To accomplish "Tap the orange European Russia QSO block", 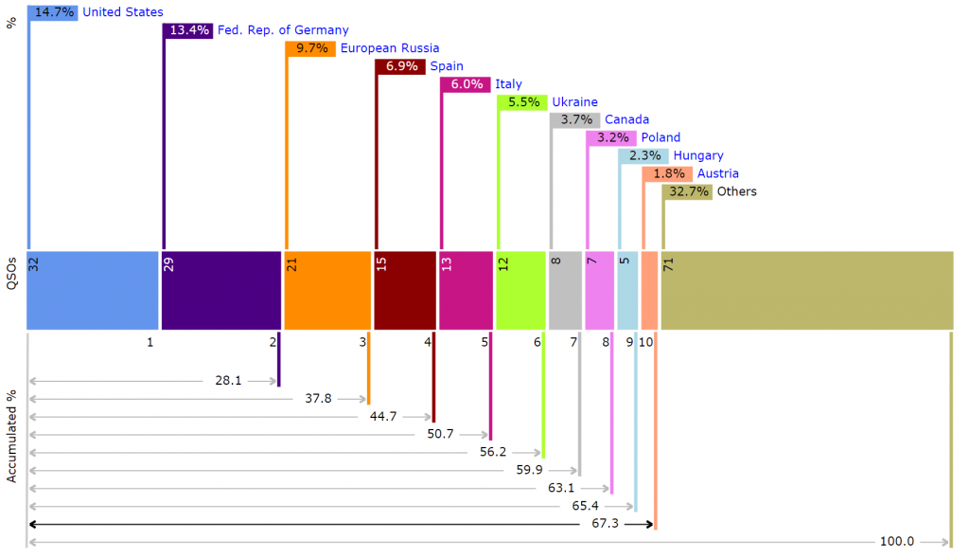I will click(x=327, y=290).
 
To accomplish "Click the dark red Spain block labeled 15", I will click(x=404, y=290).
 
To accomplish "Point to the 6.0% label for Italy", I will click(x=466, y=84).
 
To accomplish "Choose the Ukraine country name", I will click(x=574, y=102).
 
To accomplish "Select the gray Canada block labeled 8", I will click(x=566, y=290).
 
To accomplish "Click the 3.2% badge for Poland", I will click(x=612, y=138).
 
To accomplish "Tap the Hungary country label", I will click(x=698, y=156).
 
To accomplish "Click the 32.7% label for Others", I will click(x=688, y=192).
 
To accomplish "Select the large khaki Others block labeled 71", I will click(x=806, y=290).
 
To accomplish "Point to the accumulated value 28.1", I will click(x=229, y=381).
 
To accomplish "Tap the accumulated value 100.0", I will click(x=897, y=542).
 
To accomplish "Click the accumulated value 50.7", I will click(x=441, y=435).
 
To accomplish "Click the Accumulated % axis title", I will click(x=12, y=436).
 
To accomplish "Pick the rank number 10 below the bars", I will click(x=645, y=342).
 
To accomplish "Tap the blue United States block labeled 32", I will click(x=92, y=290).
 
